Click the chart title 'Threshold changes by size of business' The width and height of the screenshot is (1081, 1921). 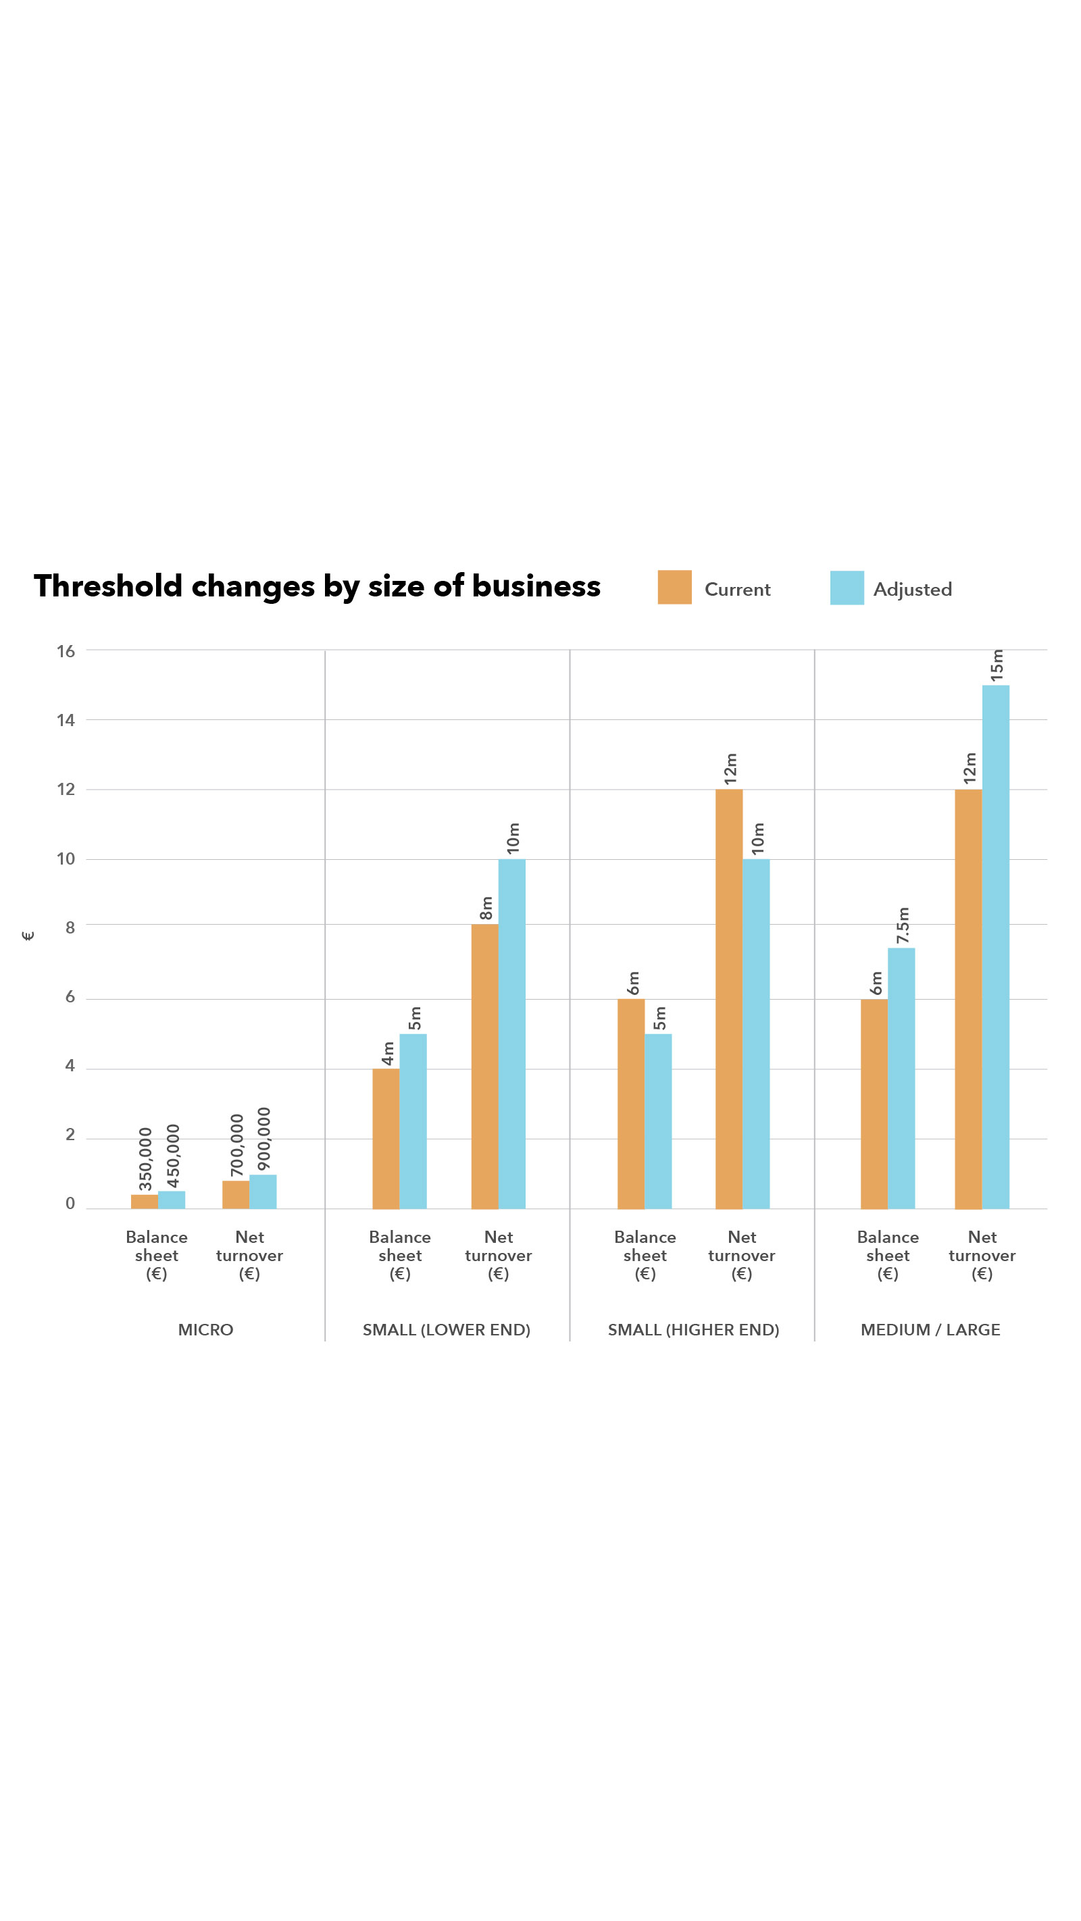317,586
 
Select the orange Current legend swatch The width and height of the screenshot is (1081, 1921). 674,587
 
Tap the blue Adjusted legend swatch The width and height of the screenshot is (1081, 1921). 846,588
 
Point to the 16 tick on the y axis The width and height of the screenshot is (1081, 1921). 66,651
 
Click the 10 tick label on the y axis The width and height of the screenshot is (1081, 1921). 66,859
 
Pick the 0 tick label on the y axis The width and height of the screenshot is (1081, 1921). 70,1203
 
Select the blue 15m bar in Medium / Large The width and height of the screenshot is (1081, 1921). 995,947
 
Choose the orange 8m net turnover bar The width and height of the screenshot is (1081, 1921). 484,1067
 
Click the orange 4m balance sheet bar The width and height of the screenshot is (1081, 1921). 386,1138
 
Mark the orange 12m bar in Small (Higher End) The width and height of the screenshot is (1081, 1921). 728,999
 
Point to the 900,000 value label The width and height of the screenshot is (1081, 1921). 263,1139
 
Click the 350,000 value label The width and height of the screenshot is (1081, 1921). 145,1158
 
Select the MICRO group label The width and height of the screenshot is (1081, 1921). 205,1329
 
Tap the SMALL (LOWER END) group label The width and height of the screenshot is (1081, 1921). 446,1329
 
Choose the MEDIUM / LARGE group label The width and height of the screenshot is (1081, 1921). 930,1329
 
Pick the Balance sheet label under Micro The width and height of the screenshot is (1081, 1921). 157,1255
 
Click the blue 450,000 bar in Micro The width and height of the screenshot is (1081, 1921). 172,1200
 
